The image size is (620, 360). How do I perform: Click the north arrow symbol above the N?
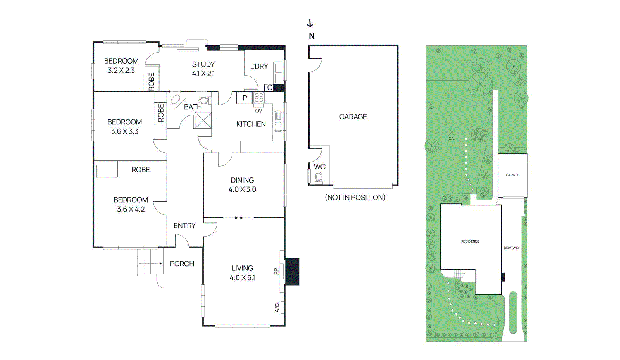[x=310, y=24]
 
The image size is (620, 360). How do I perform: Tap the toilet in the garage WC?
[x=319, y=177]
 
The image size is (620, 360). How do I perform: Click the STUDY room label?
[x=203, y=64]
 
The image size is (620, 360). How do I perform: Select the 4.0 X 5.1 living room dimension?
[x=242, y=277]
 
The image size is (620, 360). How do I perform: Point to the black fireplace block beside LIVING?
[x=292, y=272]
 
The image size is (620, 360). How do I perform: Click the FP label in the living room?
[x=276, y=271]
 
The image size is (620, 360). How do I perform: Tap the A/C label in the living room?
[x=277, y=308]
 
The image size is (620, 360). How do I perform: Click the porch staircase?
[x=148, y=262]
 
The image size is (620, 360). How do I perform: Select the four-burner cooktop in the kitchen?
[x=259, y=98]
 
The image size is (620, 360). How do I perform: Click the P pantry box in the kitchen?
[x=245, y=98]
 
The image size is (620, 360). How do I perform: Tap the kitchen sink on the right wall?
[x=278, y=121]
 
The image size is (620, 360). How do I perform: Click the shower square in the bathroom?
[x=203, y=120]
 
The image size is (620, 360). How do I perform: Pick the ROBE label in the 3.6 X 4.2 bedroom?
[x=140, y=170]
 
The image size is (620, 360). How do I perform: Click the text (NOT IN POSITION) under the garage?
[x=355, y=197]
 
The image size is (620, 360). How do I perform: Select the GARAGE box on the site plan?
[x=512, y=175]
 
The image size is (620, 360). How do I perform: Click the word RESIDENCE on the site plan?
[x=470, y=241]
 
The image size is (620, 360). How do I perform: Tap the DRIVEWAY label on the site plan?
[x=511, y=248]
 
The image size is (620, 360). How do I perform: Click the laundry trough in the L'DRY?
[x=278, y=72]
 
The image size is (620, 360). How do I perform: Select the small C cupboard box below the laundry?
[x=269, y=88]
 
